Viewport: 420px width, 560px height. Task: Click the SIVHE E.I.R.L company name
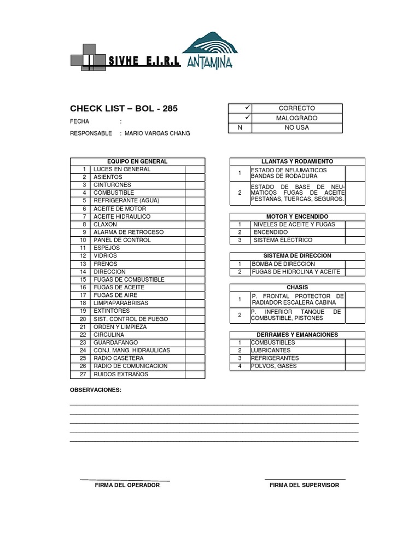144,61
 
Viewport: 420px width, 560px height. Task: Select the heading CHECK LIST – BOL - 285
124,108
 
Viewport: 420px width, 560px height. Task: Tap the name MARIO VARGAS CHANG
157,133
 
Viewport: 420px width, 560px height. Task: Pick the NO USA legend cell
296,127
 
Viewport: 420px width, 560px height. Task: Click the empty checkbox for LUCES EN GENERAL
195,170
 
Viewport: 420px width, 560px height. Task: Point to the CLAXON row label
106,224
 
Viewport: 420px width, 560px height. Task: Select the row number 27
83,375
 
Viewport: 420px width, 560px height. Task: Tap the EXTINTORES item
112,311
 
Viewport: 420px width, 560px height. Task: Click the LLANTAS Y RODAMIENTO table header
297,162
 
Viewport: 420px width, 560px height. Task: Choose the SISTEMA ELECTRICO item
283,240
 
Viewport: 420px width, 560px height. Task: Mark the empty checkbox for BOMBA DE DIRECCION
355,264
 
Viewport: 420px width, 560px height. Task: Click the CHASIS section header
297,287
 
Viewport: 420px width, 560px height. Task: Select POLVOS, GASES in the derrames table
274,366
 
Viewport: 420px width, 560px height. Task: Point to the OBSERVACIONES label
96,390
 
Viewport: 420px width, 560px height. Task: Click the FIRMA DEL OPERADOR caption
127,485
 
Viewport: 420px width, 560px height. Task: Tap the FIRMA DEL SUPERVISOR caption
304,485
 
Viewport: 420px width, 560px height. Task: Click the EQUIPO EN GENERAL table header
137,162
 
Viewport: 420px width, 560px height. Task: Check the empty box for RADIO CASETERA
195,358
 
